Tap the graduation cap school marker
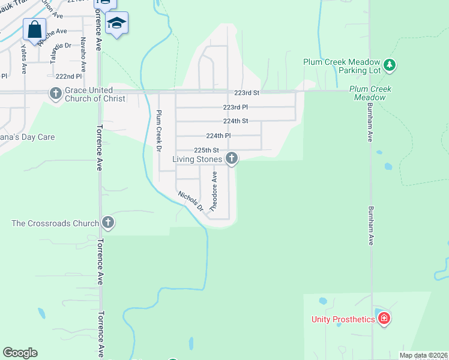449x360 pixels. click(x=116, y=23)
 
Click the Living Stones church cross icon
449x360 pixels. click(x=231, y=158)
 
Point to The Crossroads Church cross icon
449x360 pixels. click(x=107, y=223)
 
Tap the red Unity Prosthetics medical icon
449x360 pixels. click(x=384, y=319)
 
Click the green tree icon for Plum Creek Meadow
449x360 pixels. click(x=390, y=64)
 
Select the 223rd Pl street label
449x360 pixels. click(x=235, y=107)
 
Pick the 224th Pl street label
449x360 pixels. click(x=218, y=136)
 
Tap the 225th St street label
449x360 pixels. click(x=207, y=150)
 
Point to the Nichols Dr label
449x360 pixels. click(x=191, y=200)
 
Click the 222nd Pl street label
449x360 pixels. click(x=68, y=77)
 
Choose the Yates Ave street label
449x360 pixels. click(x=24, y=58)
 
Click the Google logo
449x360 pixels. click(x=20, y=353)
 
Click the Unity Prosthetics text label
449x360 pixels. click(x=343, y=319)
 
